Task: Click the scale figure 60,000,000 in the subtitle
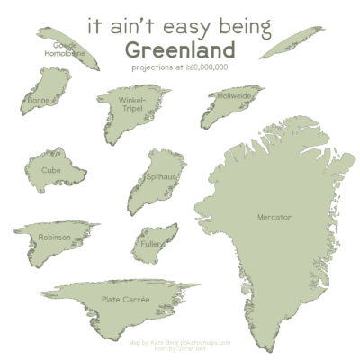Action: [209, 67]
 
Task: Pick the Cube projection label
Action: [50, 168]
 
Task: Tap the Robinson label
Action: [54, 238]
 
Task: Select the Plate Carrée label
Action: [125, 300]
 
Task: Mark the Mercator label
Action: [274, 218]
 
